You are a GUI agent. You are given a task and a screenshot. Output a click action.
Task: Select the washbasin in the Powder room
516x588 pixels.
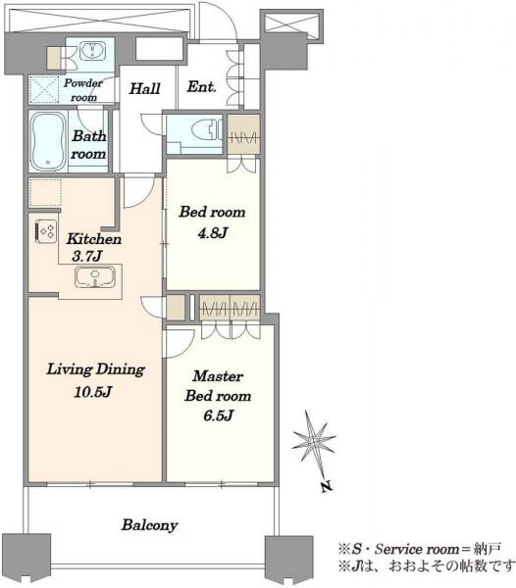(92, 50)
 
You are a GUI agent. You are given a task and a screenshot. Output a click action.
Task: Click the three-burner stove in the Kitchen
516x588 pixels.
(46, 231)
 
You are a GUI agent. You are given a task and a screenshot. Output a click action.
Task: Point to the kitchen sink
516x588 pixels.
(95, 277)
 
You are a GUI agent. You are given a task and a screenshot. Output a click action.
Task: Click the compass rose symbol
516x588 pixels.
(314, 443)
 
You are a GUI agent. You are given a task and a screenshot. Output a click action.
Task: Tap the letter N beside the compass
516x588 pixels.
(327, 486)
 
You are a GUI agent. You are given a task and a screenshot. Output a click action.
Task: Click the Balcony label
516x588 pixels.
(149, 525)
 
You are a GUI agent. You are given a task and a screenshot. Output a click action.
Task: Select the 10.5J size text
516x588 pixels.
(92, 392)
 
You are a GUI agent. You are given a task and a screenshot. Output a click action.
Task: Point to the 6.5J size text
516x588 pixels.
(219, 416)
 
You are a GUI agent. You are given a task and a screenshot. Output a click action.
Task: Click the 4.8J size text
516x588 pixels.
(213, 233)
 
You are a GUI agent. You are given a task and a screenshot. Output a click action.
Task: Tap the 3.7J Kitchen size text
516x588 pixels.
(87, 257)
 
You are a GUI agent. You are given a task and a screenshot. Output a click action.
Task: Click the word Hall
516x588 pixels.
(145, 89)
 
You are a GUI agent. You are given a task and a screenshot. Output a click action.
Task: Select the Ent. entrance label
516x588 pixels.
(201, 87)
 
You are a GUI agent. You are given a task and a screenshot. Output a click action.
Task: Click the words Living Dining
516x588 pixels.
(96, 369)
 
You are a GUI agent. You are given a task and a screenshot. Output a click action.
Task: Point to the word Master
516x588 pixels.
(218, 376)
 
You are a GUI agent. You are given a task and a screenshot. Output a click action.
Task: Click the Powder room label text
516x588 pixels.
(83, 90)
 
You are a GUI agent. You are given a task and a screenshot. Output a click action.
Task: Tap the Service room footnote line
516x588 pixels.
(419, 550)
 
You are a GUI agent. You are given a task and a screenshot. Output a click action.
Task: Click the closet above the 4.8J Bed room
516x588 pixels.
(243, 134)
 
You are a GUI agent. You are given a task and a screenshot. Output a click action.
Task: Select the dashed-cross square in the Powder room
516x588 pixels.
(44, 90)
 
